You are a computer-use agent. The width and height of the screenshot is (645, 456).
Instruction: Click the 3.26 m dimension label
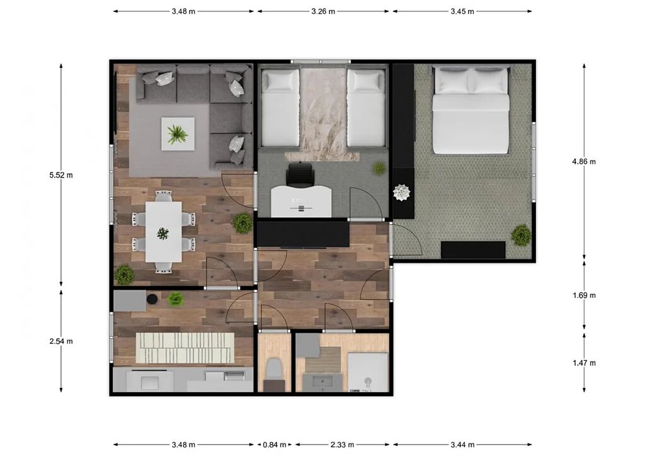pos(323,11)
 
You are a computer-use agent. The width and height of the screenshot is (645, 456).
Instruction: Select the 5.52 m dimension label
pos(61,175)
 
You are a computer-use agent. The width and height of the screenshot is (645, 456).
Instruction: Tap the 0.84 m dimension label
pos(275,445)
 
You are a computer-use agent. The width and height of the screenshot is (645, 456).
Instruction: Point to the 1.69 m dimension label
pos(584,295)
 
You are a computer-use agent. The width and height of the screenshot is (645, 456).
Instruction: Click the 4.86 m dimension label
pos(584,162)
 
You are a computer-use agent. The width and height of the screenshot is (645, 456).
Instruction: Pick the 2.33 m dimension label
pos(342,445)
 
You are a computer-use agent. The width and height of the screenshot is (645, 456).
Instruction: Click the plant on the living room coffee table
pos(178,134)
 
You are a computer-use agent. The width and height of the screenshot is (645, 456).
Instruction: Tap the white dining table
pos(164,232)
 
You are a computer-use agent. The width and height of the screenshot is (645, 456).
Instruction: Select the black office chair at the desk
pos(300,174)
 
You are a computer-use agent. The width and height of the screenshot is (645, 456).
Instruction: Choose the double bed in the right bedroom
pos(471,110)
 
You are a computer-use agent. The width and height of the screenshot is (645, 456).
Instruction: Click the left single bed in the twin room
pos(280,107)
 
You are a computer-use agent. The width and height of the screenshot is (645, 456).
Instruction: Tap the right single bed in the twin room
pos(366,107)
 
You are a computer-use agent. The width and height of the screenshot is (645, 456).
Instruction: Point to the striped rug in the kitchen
pos(185,348)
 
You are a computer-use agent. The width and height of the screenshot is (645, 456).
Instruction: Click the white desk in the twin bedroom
pos(301,201)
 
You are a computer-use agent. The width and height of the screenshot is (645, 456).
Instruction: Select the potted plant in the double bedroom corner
pos(521,235)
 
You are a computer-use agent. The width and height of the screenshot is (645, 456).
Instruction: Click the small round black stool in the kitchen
pos(152,299)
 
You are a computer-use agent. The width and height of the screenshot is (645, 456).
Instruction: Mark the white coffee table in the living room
pos(178,134)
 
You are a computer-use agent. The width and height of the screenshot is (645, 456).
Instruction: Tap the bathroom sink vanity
pos(322,382)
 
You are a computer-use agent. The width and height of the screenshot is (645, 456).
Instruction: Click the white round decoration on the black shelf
pos(402,193)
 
